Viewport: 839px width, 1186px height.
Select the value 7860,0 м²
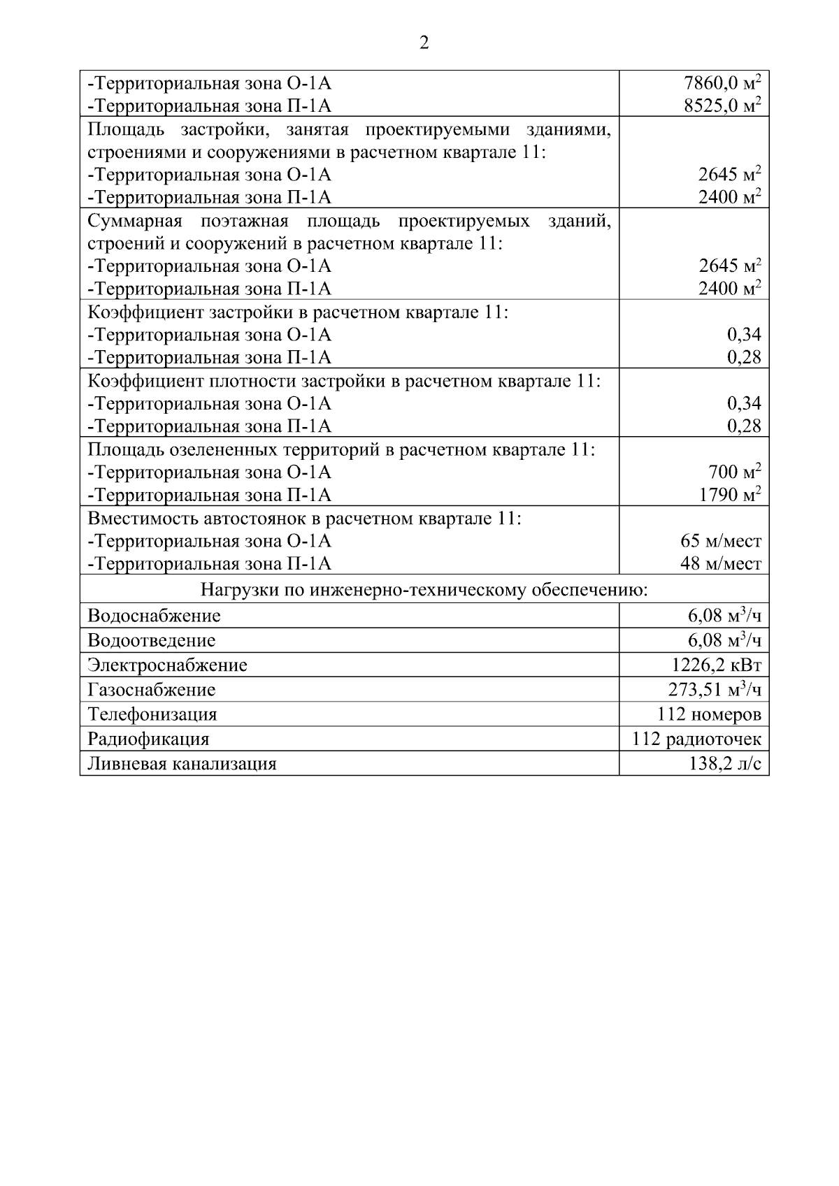point(722,83)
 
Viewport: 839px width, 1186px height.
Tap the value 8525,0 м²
point(722,106)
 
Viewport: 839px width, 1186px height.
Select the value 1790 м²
point(729,496)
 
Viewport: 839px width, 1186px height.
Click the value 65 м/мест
point(720,541)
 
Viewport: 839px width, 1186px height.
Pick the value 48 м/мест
point(720,564)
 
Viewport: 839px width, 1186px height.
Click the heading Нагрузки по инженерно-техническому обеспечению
point(424,591)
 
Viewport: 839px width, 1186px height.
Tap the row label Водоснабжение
point(154,616)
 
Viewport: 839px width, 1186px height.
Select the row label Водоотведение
point(151,640)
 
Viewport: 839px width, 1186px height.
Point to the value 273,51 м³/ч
point(715,690)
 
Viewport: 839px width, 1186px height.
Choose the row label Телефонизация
point(152,714)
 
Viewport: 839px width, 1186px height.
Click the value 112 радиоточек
point(696,739)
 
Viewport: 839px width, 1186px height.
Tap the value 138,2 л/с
point(724,764)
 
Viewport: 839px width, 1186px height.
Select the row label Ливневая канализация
point(182,764)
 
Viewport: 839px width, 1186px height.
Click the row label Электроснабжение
point(167,665)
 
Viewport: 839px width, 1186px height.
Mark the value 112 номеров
point(708,714)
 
